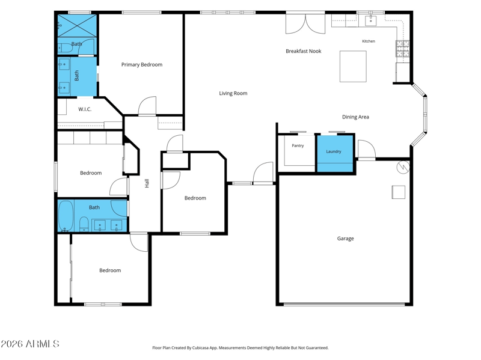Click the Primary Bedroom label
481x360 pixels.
click(x=142, y=65)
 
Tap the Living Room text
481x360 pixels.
click(x=233, y=93)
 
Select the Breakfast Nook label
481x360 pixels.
click(x=304, y=51)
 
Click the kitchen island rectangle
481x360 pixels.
click(x=353, y=67)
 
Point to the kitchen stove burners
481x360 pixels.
click(x=402, y=49)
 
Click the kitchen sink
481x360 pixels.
click(x=370, y=20)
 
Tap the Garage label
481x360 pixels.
click(x=345, y=239)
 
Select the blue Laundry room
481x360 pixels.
click(x=335, y=153)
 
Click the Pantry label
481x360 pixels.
click(x=298, y=145)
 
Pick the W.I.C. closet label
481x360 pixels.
click(x=85, y=109)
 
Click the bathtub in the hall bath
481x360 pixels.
click(x=66, y=216)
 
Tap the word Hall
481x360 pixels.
click(x=147, y=183)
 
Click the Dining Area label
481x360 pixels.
click(x=355, y=117)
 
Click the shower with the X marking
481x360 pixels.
click(x=78, y=26)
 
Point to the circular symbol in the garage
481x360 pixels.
click(x=403, y=167)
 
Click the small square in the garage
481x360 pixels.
click(x=398, y=192)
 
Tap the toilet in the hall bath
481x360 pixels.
click(x=84, y=224)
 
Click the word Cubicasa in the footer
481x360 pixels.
click(x=201, y=348)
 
